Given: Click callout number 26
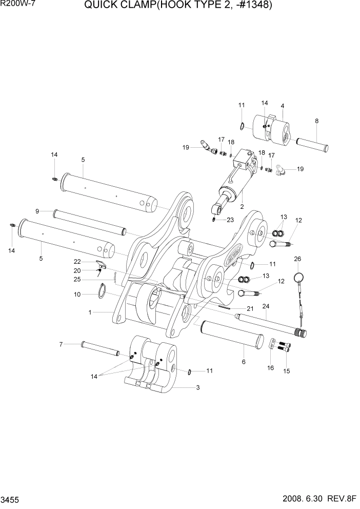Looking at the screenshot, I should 297,259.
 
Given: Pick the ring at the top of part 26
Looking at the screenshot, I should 298,278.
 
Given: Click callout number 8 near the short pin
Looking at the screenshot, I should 316,121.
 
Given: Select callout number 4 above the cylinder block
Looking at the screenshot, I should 282,106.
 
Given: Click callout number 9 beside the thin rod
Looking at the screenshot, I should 37,211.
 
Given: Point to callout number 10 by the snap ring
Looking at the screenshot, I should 77,295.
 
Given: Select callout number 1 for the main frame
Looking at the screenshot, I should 90,312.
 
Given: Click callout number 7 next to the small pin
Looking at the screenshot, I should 61,344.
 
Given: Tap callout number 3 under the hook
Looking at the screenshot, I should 197,388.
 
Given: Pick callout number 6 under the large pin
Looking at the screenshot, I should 244,362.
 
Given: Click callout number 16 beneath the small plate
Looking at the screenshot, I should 270,368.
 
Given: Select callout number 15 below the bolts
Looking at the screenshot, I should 287,371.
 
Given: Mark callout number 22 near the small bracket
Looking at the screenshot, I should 77,262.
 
